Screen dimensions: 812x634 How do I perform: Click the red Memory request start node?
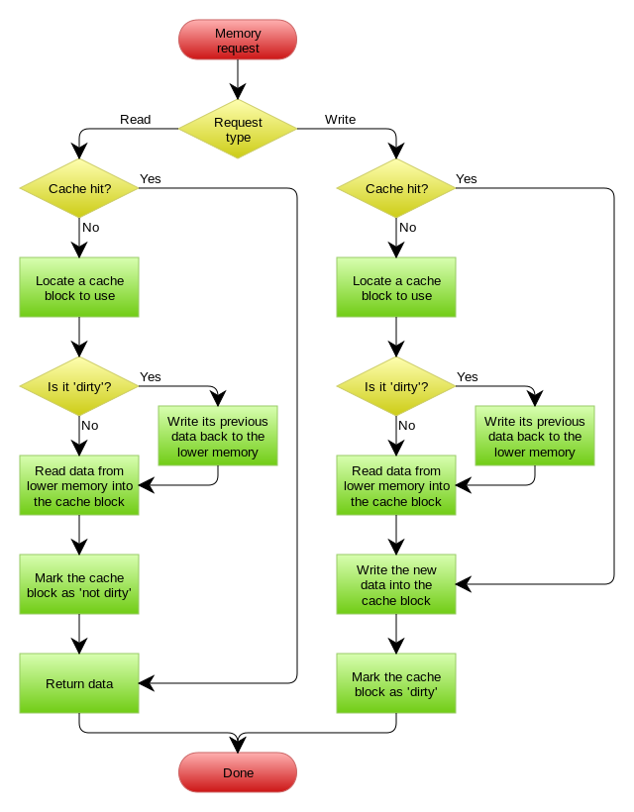click(x=238, y=41)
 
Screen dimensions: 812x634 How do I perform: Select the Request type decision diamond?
click(x=238, y=129)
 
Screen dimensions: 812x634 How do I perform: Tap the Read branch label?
click(x=136, y=119)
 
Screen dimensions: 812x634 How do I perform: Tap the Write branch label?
click(x=340, y=119)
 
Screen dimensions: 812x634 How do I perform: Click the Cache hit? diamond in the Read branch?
click(x=79, y=188)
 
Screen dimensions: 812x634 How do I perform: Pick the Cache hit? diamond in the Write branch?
click(x=396, y=188)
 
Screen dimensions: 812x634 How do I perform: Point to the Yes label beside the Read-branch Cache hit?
click(x=151, y=178)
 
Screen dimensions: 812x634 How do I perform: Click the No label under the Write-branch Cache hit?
click(x=407, y=227)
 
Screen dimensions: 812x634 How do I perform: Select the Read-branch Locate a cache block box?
click(x=79, y=287)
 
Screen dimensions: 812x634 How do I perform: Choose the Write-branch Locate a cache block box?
click(x=396, y=287)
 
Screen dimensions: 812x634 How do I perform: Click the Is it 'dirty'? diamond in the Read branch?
click(x=79, y=386)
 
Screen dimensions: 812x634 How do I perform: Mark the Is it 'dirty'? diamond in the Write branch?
click(x=396, y=386)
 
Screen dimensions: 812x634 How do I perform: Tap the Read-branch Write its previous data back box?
click(x=218, y=436)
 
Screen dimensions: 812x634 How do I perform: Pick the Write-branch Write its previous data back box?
click(x=535, y=436)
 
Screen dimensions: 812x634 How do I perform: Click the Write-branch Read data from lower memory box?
click(x=396, y=485)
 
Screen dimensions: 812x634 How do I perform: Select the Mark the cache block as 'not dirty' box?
click(x=79, y=584)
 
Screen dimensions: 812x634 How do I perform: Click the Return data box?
click(x=79, y=683)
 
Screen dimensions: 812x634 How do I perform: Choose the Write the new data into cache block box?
click(x=396, y=584)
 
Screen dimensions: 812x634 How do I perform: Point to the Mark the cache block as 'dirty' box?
click(x=396, y=683)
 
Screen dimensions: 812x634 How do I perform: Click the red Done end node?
click(x=238, y=772)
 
